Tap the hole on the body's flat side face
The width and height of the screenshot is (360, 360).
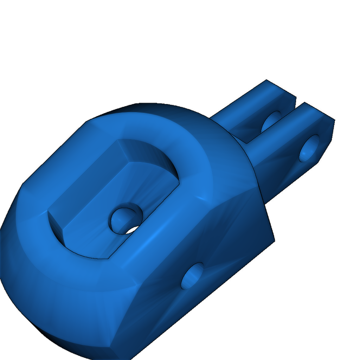point(192,276)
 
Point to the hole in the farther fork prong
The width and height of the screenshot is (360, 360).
point(271,122)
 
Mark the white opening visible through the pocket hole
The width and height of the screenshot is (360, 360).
point(133,230)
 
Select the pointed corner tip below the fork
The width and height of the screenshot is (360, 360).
point(273,240)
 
